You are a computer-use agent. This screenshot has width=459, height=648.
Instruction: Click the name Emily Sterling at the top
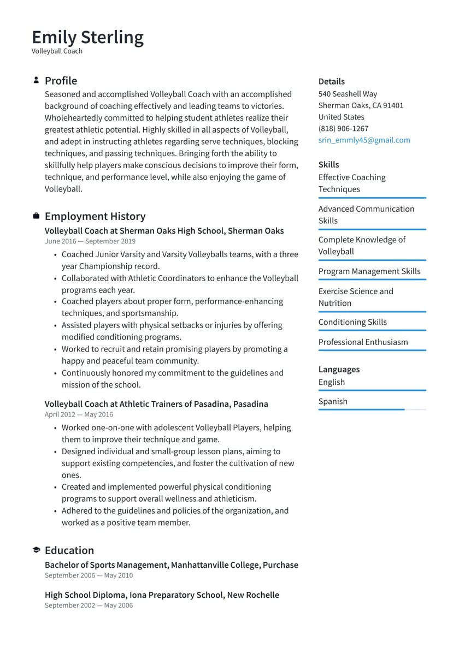(x=87, y=37)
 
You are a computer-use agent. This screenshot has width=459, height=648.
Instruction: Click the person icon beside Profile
(x=36, y=80)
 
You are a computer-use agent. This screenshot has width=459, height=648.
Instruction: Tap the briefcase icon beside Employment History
(x=36, y=216)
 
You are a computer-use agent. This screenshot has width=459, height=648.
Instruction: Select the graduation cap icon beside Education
(x=36, y=550)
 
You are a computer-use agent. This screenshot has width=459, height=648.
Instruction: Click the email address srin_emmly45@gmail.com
(x=364, y=140)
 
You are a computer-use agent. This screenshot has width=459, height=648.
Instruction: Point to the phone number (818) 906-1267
(x=343, y=129)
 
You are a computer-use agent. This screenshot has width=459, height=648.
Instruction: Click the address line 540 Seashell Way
(x=348, y=94)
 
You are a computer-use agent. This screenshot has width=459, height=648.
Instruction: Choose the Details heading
(x=332, y=81)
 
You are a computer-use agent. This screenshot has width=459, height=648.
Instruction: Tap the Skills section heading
(x=328, y=164)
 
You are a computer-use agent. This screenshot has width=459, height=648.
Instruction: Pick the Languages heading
(x=339, y=370)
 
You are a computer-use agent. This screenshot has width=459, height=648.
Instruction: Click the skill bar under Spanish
(x=372, y=409)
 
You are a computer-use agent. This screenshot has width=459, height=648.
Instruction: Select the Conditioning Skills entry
(x=352, y=322)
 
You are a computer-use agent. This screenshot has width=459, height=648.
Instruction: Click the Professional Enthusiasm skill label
(x=363, y=342)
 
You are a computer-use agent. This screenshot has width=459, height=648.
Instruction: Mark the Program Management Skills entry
(x=369, y=271)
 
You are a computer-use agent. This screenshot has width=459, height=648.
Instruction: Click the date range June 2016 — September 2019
(x=90, y=241)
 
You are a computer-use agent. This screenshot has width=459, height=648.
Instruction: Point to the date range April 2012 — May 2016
(x=79, y=415)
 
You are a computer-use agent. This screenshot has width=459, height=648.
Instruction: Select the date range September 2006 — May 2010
(x=89, y=575)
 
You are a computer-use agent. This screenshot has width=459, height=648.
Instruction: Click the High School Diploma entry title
(x=162, y=595)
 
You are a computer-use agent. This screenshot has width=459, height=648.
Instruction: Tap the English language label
(x=332, y=382)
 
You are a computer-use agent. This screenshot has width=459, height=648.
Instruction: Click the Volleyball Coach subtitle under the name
(x=57, y=51)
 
